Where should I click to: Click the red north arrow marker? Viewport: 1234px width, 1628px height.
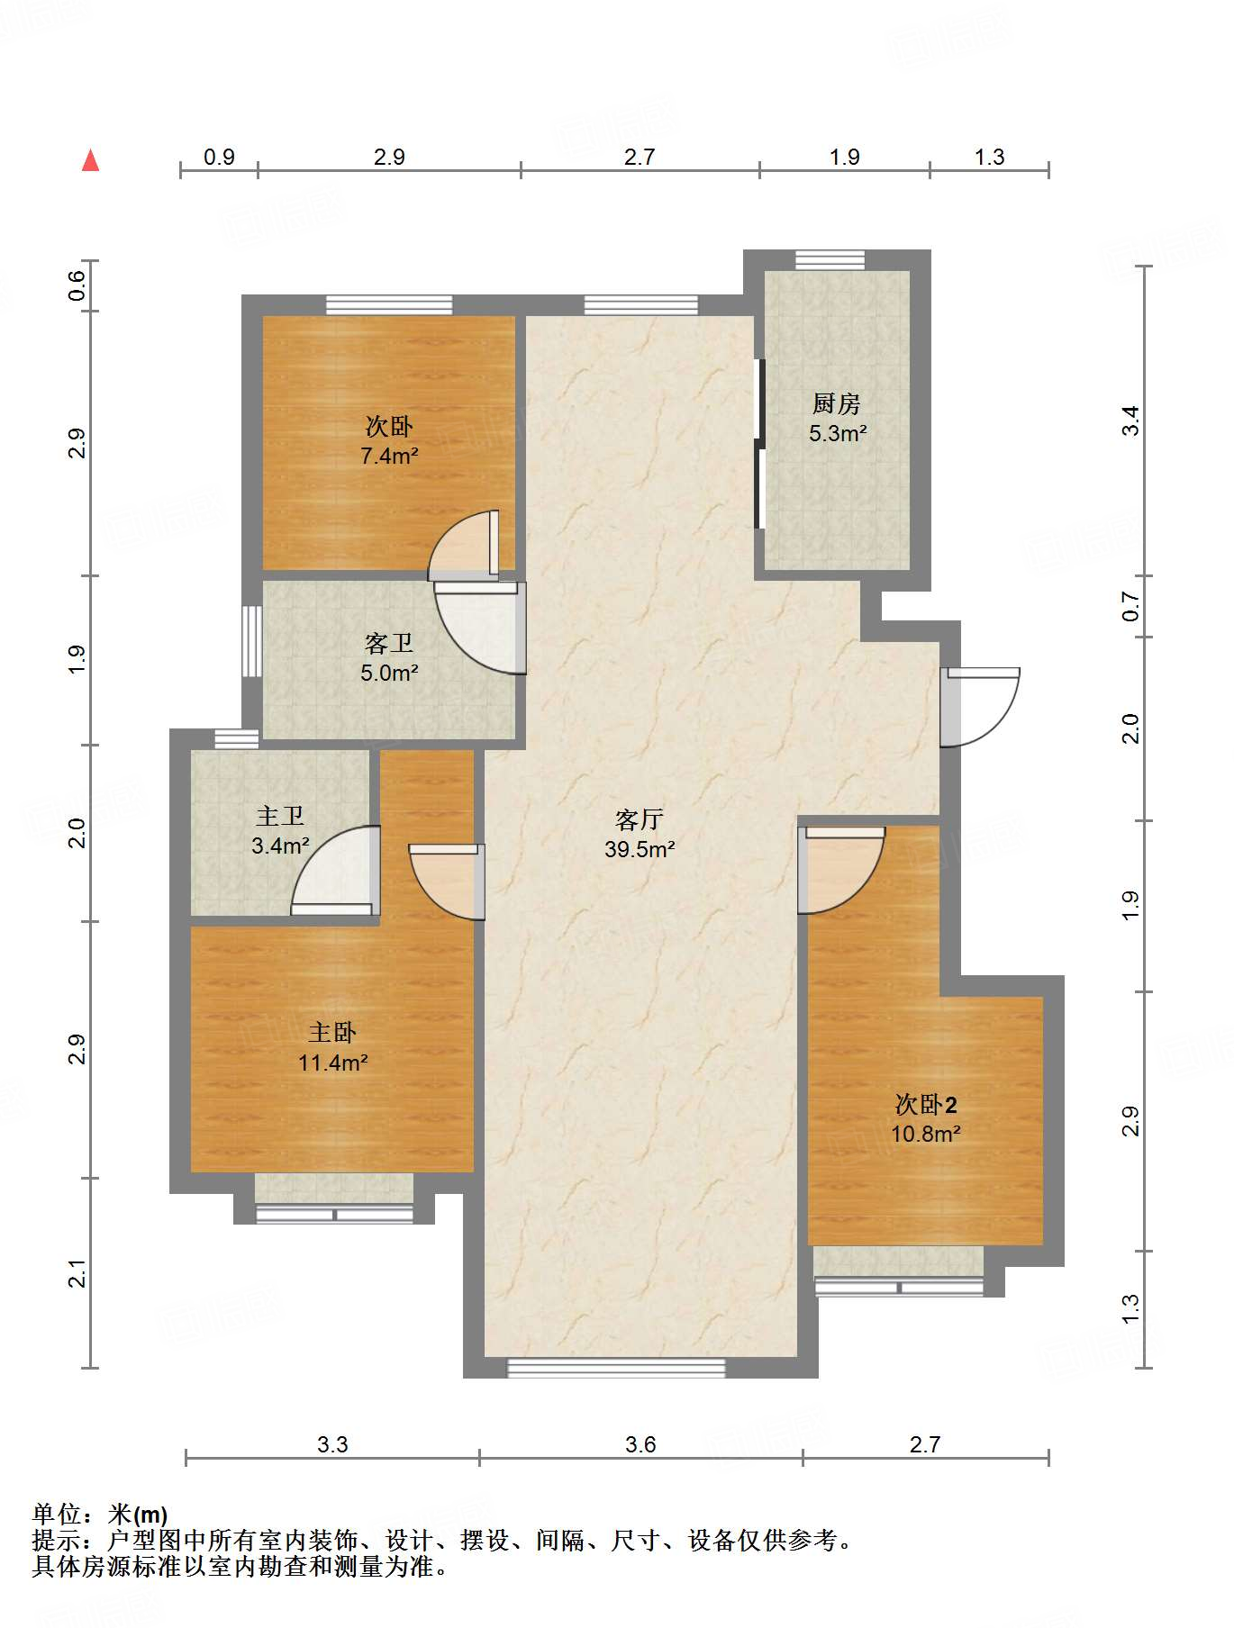point(90,160)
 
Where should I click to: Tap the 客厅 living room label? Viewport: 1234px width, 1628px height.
point(640,819)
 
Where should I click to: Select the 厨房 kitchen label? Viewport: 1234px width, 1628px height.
point(837,403)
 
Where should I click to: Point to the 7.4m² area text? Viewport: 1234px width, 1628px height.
point(389,457)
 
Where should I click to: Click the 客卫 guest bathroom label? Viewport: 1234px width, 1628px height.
point(389,643)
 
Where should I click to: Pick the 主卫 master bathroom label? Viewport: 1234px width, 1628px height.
point(280,816)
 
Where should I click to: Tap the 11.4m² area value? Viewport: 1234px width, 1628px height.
point(332,1063)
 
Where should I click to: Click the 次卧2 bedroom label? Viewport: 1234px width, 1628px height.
point(926,1104)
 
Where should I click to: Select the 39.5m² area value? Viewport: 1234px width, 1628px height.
point(640,849)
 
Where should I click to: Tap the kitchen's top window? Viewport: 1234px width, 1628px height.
point(830,260)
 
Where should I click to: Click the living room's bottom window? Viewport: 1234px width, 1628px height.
point(616,1368)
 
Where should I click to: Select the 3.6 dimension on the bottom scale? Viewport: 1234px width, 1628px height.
point(640,1444)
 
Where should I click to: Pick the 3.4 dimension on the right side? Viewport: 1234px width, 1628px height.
point(1130,421)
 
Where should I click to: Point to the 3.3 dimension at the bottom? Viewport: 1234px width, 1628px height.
point(332,1444)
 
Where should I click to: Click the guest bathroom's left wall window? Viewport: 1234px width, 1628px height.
point(252,641)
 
